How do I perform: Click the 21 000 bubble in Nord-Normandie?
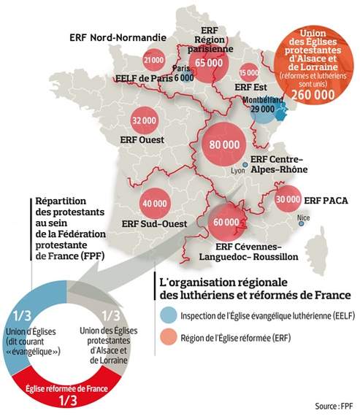[153, 60]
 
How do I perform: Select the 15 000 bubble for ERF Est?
[249, 72]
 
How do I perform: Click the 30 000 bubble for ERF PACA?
[288, 198]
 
